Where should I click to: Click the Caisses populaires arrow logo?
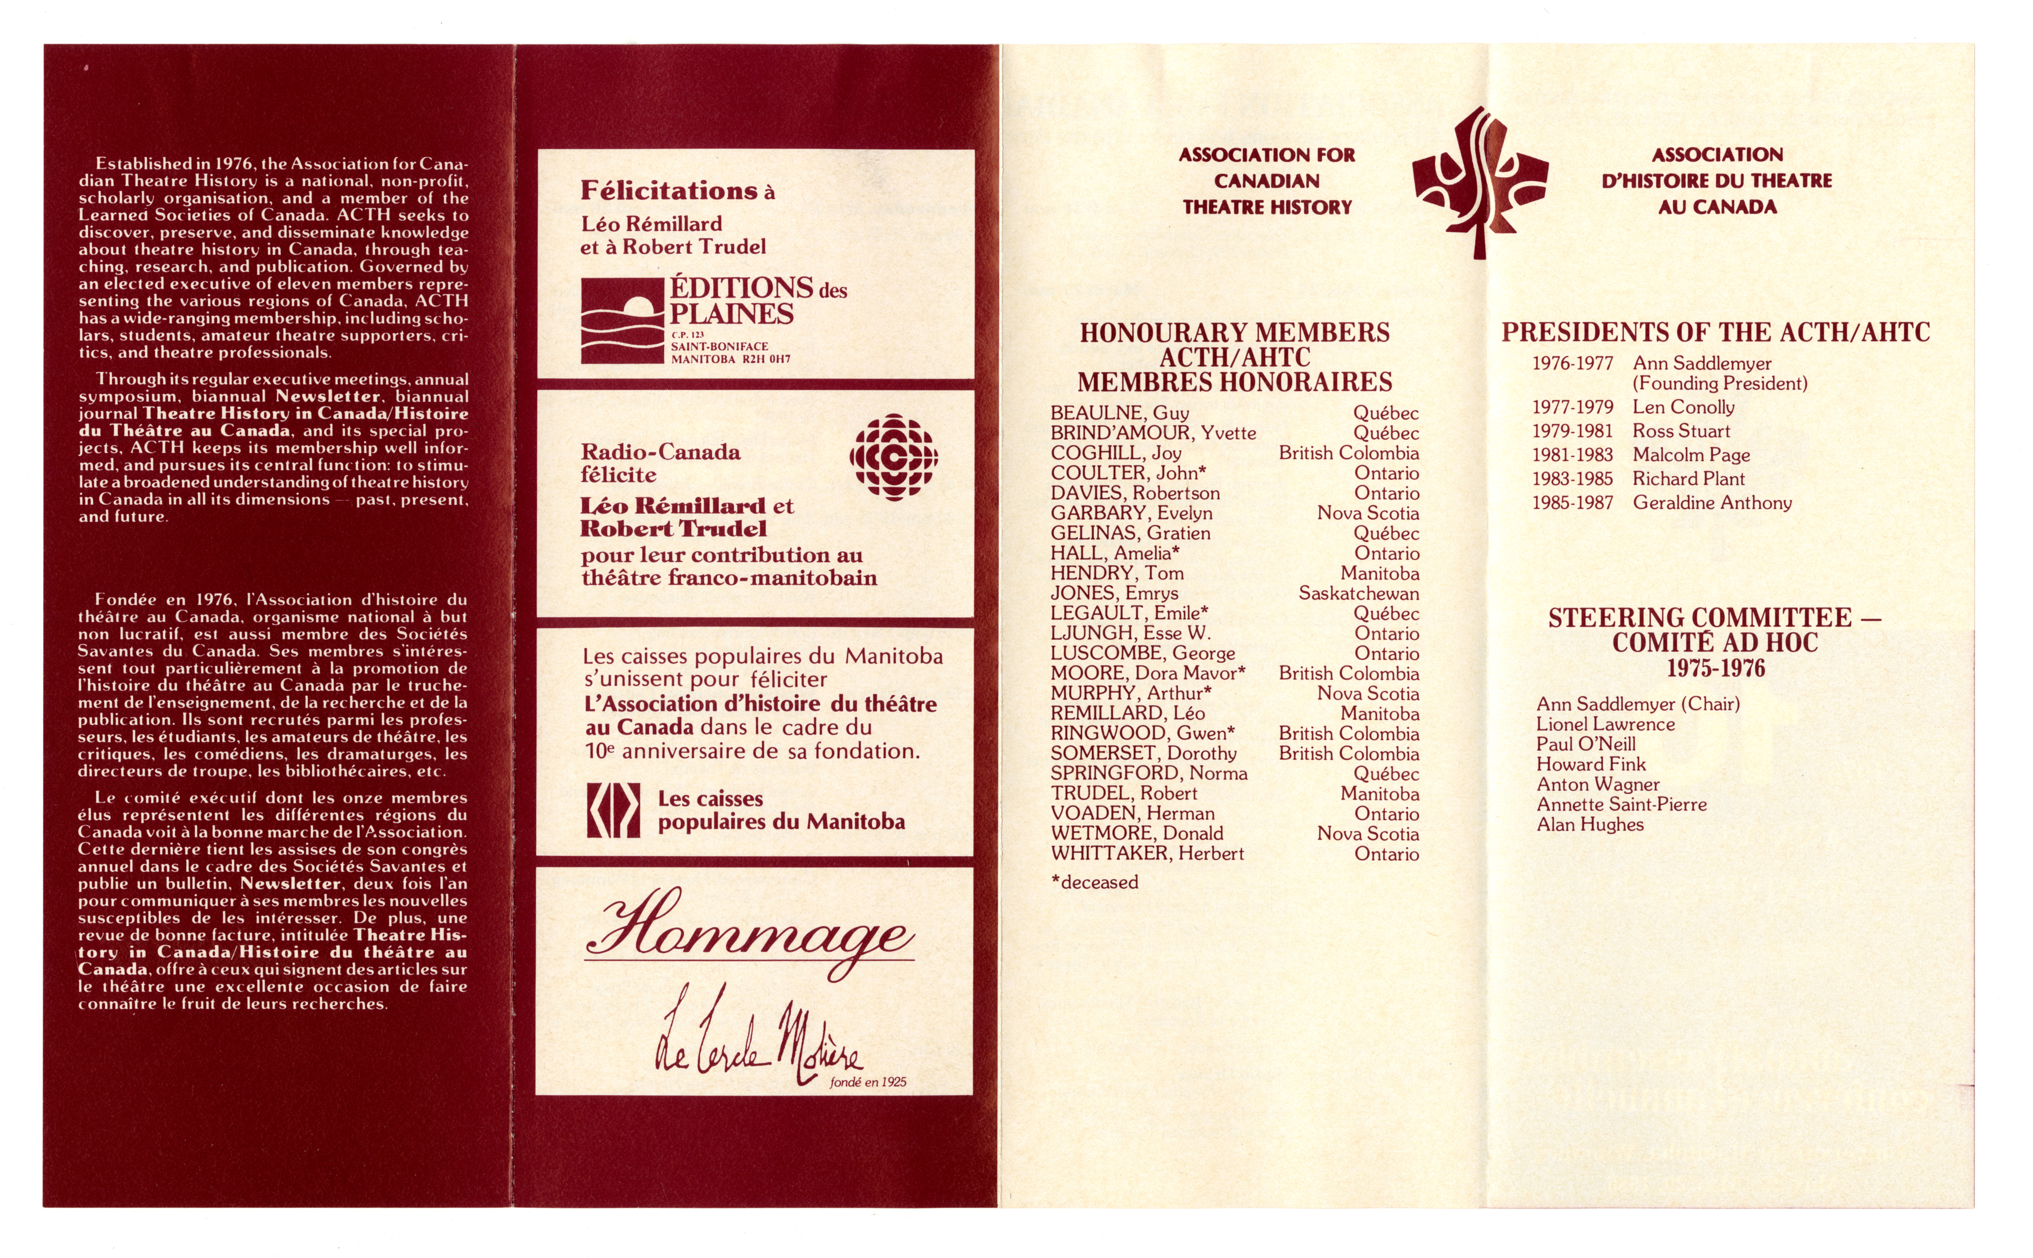613,810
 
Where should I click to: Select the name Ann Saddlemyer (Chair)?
1637,704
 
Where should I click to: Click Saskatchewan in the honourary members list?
1358,593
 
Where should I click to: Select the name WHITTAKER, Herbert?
1146,854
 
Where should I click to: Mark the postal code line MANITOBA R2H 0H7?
730,359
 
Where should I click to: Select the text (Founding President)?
1719,384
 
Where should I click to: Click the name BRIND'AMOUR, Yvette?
1152,433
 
